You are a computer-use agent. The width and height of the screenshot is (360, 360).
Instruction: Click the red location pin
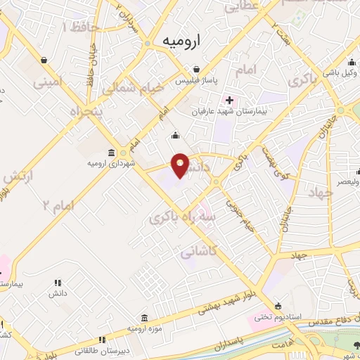pos(180,165)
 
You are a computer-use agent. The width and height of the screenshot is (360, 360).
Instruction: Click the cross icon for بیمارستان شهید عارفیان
pos(229,100)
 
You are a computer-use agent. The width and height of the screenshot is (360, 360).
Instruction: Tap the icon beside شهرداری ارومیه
pos(111,153)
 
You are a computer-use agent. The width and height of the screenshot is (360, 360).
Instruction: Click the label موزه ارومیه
pos(144,328)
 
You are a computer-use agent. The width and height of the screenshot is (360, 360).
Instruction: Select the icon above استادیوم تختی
pos(279,306)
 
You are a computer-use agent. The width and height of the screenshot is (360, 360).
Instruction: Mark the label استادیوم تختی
pos(279,317)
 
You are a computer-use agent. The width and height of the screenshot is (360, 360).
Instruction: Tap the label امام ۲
pos(58,204)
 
